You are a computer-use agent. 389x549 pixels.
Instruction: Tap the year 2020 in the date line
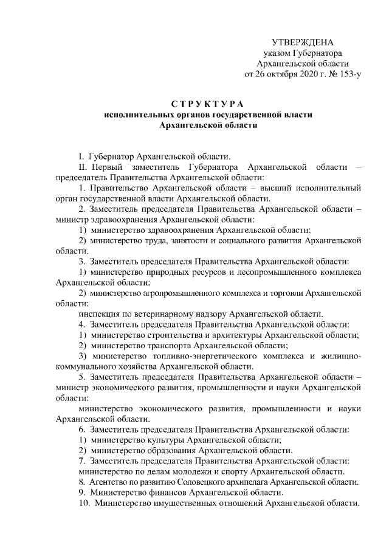[x=299, y=76]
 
